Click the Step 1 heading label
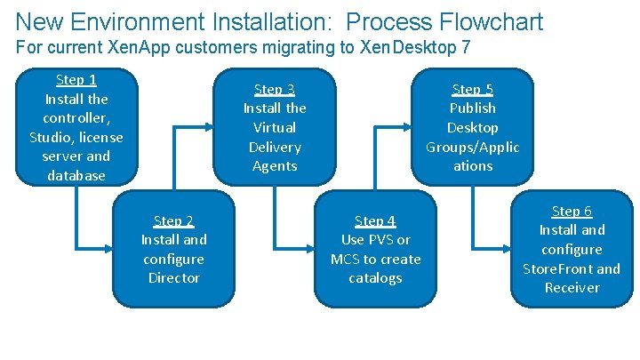click(x=76, y=80)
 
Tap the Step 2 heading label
click(x=173, y=220)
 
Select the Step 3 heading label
click(x=274, y=89)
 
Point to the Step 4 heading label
click(x=374, y=220)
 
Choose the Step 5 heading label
click(x=472, y=89)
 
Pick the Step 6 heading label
click(x=572, y=211)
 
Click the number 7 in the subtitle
click(x=466, y=47)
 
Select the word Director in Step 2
click(x=173, y=278)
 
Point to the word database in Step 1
click(x=76, y=175)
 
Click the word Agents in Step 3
click(x=274, y=166)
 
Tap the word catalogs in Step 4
click(x=374, y=278)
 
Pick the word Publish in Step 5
click(x=472, y=108)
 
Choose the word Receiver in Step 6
click(x=572, y=287)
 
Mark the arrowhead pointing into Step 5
click(x=410, y=126)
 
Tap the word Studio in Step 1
click(x=51, y=137)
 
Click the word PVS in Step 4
click(x=378, y=240)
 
